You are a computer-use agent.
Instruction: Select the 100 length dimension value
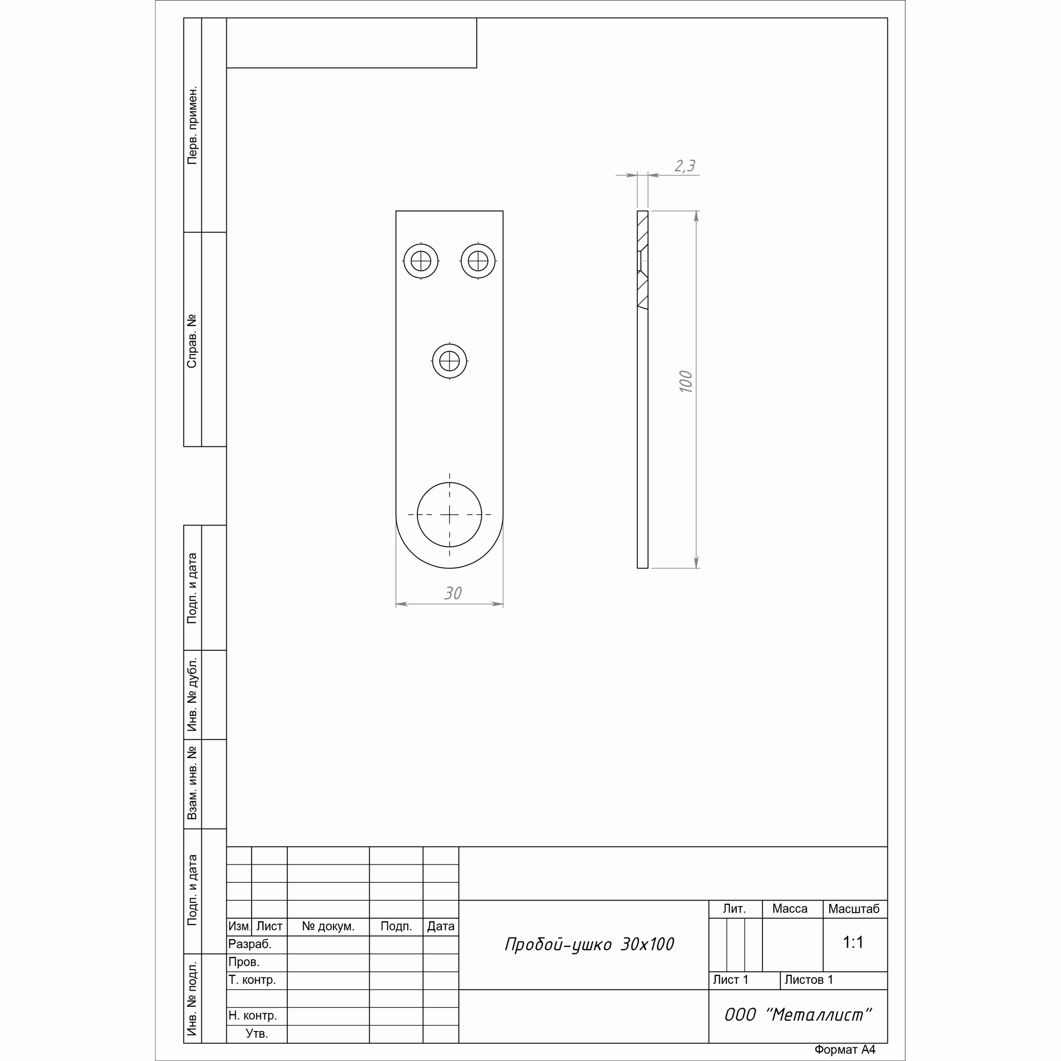point(686,382)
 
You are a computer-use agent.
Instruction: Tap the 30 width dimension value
point(453,593)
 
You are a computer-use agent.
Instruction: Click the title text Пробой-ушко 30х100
point(589,944)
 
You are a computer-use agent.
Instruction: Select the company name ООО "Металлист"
point(798,1015)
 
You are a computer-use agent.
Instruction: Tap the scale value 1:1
point(853,942)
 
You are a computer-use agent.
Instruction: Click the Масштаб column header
point(854,909)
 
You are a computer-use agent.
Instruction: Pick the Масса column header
point(790,909)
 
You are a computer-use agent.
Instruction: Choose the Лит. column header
point(734,909)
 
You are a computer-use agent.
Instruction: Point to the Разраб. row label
point(250,945)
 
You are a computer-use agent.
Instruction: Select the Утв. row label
point(257,1034)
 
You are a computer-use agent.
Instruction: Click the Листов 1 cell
point(809,980)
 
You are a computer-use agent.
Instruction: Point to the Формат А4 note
point(845,1050)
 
